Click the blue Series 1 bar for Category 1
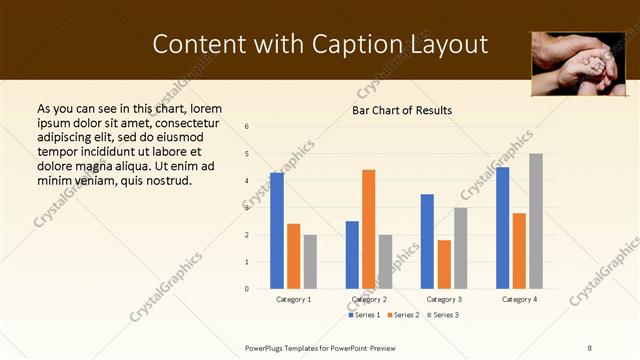pos(277,231)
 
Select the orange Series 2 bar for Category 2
pos(368,229)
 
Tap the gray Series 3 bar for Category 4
pos(536,221)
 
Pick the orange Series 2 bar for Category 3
pos(444,264)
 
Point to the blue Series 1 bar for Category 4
pos(502,228)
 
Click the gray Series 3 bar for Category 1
pos(310,262)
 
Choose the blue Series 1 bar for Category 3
pos(427,241)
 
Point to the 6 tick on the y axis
pos(246,127)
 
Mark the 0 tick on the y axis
pos(246,289)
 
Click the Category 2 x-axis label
pos(369,299)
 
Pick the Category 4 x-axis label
pos(519,299)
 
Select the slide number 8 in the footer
pos(590,346)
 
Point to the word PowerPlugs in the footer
pos(265,346)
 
